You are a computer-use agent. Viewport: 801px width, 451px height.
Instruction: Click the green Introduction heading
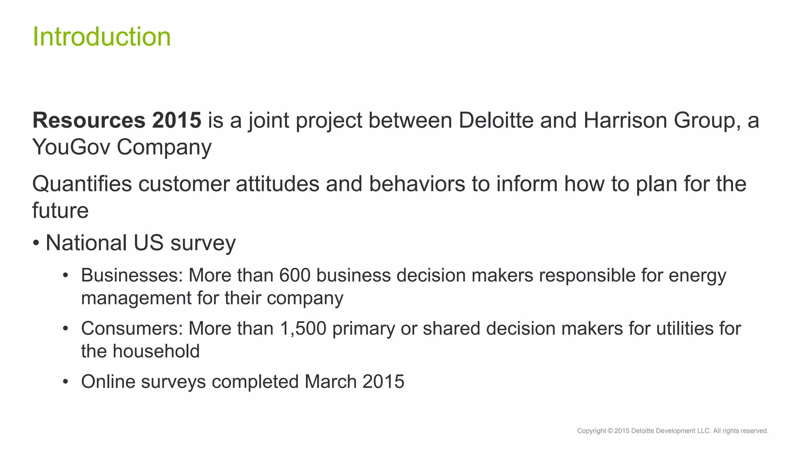click(x=102, y=37)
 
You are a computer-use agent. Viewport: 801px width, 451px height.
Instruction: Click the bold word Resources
click(x=89, y=120)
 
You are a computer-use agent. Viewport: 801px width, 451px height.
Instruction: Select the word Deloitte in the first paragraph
click(x=496, y=120)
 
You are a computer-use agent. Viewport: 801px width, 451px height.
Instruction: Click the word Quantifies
click(x=82, y=184)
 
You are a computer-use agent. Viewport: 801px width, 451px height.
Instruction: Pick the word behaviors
click(x=417, y=184)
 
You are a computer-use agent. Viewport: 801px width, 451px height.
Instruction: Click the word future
click(x=60, y=211)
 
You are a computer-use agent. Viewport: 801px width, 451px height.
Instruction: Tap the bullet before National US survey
click(x=36, y=243)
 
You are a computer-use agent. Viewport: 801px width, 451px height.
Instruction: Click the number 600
click(x=295, y=275)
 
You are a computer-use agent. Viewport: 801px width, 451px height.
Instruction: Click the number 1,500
click(x=303, y=328)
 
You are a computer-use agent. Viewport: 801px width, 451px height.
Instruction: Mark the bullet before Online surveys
click(x=66, y=382)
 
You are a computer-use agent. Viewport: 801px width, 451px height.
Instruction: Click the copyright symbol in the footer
click(x=610, y=431)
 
